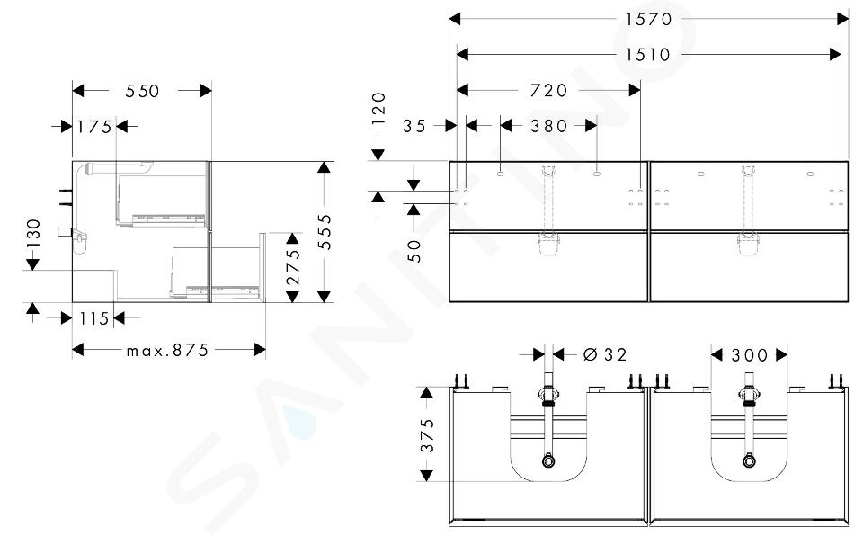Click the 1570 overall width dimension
coord(648,19)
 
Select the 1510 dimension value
coord(648,55)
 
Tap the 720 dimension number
coord(548,90)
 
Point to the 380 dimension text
coord(548,126)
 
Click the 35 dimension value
coord(414,126)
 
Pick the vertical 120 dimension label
coord(378,109)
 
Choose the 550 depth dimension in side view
coord(142,91)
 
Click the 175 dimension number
coord(94,127)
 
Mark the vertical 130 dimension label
coord(33,232)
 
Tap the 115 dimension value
coord(94,318)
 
